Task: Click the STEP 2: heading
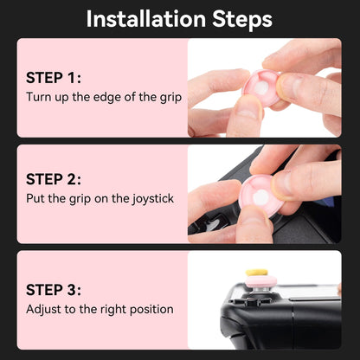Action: click(x=54, y=179)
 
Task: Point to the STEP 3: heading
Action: click(x=54, y=289)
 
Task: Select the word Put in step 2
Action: click(x=36, y=199)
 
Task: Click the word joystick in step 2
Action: click(x=150, y=199)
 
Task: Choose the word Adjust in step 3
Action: click(x=44, y=309)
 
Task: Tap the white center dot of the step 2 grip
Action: click(x=259, y=196)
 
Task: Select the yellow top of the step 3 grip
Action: click(x=256, y=271)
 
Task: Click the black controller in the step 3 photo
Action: click(x=286, y=320)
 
